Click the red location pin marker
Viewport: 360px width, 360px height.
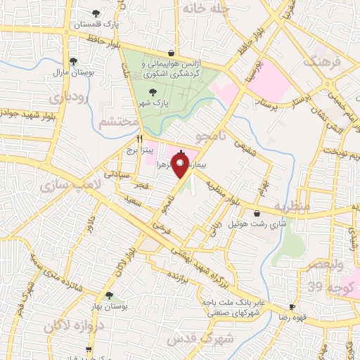[181, 166]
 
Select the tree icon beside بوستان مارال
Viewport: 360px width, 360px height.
[73, 61]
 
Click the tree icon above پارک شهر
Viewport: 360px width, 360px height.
[153, 91]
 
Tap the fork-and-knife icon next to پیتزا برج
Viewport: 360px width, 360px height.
[140, 138]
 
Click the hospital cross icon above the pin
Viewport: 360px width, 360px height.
[181, 153]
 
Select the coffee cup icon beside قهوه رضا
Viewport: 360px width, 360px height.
[292, 307]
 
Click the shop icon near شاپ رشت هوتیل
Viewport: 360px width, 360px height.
[256, 213]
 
